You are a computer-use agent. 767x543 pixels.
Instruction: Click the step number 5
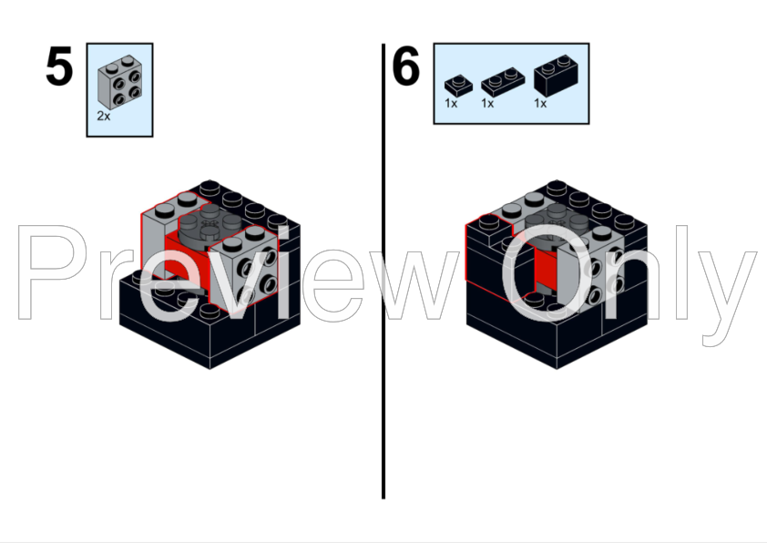(x=59, y=67)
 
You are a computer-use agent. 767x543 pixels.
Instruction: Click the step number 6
(x=405, y=66)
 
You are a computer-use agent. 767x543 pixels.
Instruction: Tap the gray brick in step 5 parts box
(x=120, y=82)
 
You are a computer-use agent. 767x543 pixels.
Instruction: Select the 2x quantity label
(x=104, y=117)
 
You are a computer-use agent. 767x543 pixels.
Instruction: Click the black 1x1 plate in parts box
(x=458, y=85)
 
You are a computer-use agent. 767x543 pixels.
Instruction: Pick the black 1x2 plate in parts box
(x=502, y=81)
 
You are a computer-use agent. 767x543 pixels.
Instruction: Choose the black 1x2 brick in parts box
(x=556, y=76)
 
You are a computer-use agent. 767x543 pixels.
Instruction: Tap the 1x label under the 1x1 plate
(x=451, y=104)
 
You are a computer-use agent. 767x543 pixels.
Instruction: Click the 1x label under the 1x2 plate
(x=487, y=104)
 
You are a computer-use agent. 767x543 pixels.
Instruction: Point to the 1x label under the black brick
(x=540, y=104)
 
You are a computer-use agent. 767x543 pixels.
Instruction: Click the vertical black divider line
(x=383, y=271)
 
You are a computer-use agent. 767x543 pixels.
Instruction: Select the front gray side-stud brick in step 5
(x=243, y=268)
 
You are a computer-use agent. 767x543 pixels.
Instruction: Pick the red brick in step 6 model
(x=545, y=268)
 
